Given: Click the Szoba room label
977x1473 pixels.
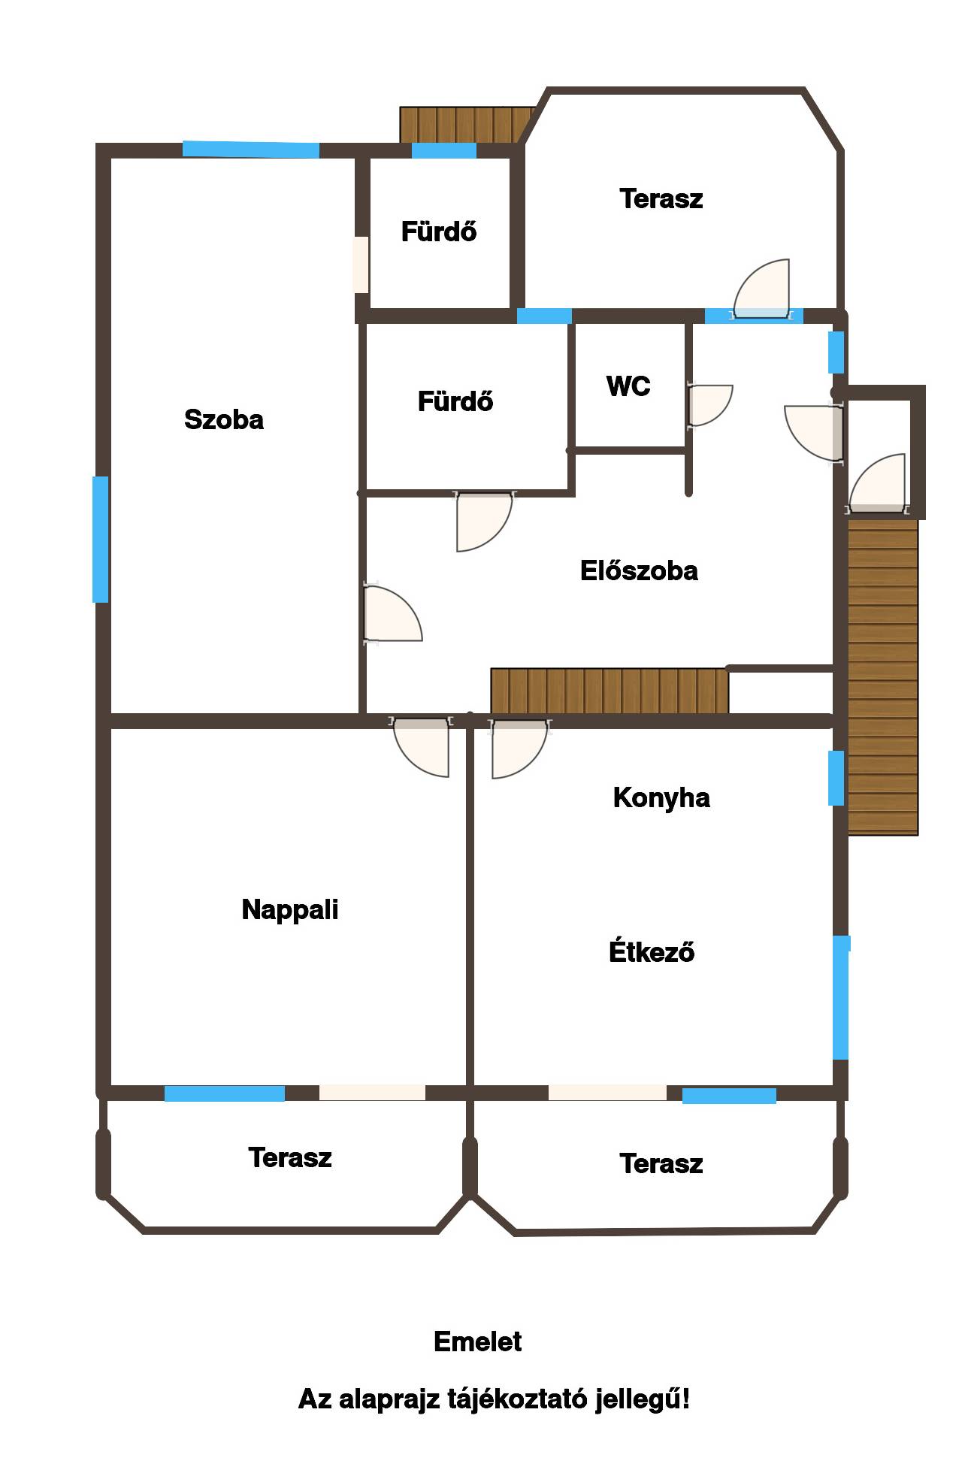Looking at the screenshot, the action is pos(224,419).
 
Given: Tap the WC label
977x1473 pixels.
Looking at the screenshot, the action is pos(628,386).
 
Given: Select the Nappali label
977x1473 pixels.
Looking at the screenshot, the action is pos(290,910).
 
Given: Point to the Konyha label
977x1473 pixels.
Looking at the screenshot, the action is pos(661,798).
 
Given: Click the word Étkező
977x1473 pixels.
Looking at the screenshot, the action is pos(652,951).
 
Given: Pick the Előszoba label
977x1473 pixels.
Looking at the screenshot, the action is pos(639,570).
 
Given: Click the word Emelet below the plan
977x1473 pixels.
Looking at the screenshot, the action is pos(478,1341).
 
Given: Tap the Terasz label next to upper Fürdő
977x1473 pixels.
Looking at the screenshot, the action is pos(661,199).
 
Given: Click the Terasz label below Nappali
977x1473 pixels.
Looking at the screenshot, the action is pos(290,1157).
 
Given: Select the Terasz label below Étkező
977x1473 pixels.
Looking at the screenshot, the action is pos(661,1163).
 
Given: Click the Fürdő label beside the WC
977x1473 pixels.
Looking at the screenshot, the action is pos(455,401).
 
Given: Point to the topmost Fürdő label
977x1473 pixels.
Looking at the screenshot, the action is pos(439,231).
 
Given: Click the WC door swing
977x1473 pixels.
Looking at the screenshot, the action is pos(709,406).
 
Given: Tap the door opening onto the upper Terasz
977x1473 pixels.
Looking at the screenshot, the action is pos(762,289).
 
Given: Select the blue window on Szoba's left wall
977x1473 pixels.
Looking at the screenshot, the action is pos(100,539).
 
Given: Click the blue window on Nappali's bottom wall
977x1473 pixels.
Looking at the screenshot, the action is pos(225,1093).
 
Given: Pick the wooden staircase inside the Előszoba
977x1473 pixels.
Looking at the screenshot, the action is pos(609,691).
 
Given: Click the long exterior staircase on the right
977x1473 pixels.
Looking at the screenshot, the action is pos(883,676).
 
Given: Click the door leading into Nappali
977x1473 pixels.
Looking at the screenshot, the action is pos(422,747).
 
